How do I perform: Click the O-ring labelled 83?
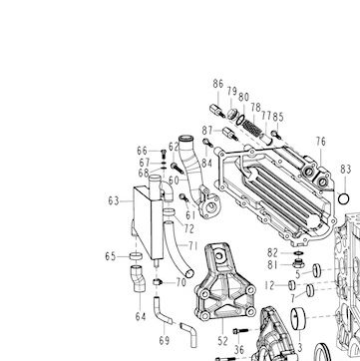coord(343,199)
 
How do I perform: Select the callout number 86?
coord(218,84)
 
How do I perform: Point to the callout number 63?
coord(114,200)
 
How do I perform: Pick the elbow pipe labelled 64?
coord(140,278)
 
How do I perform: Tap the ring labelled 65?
coord(136,256)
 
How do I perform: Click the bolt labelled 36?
coord(240,331)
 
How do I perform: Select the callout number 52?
coord(222,341)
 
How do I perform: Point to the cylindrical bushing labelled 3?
coord(298,318)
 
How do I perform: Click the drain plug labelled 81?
coord(298,264)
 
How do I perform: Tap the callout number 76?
coord(321,142)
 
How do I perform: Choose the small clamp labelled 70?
coord(158,282)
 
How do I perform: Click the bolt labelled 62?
coord(178,168)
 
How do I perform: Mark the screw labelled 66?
coord(164,154)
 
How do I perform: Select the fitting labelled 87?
coord(230,134)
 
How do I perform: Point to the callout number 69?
coord(165,340)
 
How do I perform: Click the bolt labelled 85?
coord(275,135)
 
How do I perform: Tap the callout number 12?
coord(270,285)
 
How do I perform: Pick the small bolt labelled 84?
coord(207,143)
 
